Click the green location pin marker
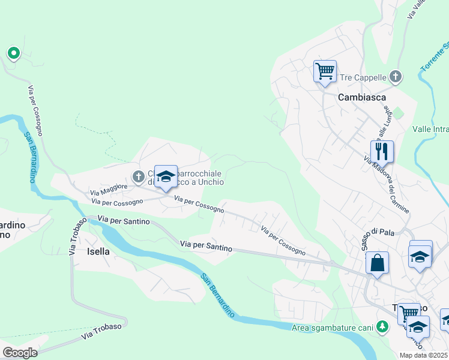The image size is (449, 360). click(x=13, y=54)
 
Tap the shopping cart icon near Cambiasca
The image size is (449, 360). click(x=325, y=71)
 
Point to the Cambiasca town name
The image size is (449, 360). click(x=361, y=97)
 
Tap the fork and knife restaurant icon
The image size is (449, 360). click(x=381, y=151)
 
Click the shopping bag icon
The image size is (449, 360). click(x=377, y=262)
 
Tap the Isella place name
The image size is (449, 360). click(x=98, y=251)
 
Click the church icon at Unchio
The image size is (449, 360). click(x=138, y=176)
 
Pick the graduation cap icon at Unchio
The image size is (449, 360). click(x=166, y=176)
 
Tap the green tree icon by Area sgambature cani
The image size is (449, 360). click(x=380, y=326)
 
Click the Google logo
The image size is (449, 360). click(x=20, y=352)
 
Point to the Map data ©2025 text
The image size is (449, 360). click(x=424, y=355)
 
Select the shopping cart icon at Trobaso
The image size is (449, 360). click(x=409, y=313)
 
